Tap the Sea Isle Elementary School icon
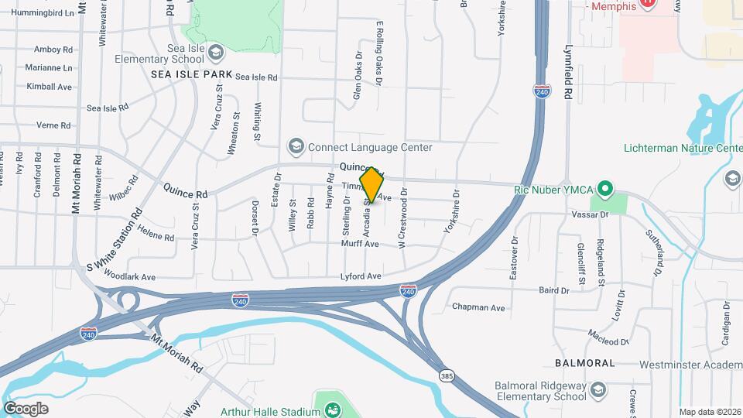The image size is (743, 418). [216, 51]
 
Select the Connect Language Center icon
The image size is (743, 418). [295, 146]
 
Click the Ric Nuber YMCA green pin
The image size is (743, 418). [606, 189]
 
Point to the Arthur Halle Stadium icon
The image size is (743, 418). [333, 409]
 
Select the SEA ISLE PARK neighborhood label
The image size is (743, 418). [192, 74]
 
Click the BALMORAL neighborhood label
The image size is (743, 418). [585, 363]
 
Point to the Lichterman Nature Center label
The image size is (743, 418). [683, 148]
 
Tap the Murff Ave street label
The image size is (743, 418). [360, 244]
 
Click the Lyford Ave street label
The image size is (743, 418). [361, 276]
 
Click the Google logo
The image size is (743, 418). [26, 409]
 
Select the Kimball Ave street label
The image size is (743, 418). [49, 87]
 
